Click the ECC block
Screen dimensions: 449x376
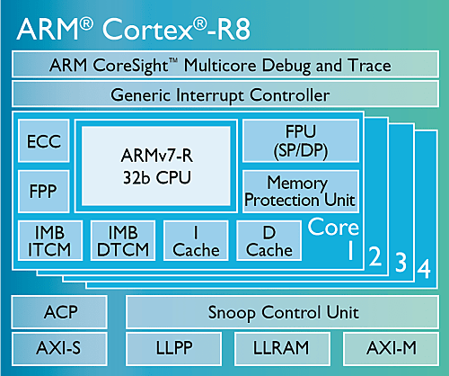click(x=44, y=140)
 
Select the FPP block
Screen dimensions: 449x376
click(x=44, y=192)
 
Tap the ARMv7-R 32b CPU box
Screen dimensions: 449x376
click(x=156, y=166)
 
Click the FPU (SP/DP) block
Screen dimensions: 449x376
click(x=301, y=140)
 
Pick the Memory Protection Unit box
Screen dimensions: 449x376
click(x=301, y=192)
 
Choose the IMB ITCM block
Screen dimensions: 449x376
click(x=50, y=240)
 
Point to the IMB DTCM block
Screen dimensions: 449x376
click(x=123, y=240)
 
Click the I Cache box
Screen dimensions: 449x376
click(x=196, y=240)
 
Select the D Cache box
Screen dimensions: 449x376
click(x=269, y=240)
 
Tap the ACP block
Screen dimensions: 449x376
click(x=59, y=312)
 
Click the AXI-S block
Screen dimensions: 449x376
click(x=59, y=349)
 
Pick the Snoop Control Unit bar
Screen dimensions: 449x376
click(x=283, y=312)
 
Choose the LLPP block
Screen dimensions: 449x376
click(x=174, y=349)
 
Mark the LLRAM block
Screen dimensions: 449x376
click(x=282, y=349)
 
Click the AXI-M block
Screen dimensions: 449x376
click(x=392, y=349)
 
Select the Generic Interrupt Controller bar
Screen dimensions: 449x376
click(x=225, y=94)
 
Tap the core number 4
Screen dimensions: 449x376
click(x=424, y=269)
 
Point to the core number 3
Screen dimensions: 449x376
click(x=401, y=263)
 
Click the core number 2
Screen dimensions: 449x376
click(x=375, y=256)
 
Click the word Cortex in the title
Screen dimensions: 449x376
click(x=148, y=29)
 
